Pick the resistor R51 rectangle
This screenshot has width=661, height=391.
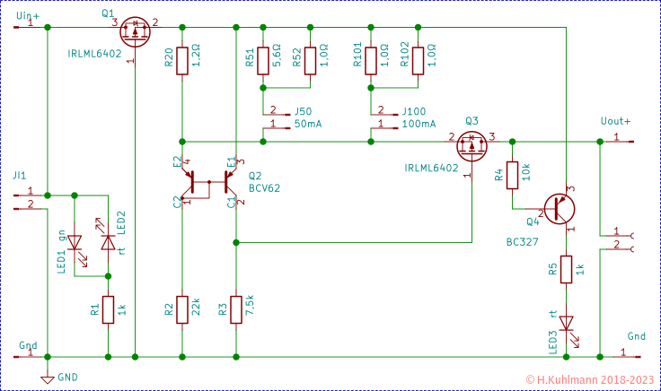coord(263,61)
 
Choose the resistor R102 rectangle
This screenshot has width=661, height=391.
coord(417,61)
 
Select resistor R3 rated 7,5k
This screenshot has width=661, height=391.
coord(235,309)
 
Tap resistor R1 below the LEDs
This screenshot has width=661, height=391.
coord(108,309)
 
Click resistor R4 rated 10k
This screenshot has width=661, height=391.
coord(512,175)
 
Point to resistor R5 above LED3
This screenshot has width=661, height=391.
coord(567,270)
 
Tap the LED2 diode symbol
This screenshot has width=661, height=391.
coord(108,242)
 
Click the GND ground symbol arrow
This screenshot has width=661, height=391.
coord(48,378)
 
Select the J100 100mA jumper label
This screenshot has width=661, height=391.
coord(419,117)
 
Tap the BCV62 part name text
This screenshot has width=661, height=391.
coord(264,189)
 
